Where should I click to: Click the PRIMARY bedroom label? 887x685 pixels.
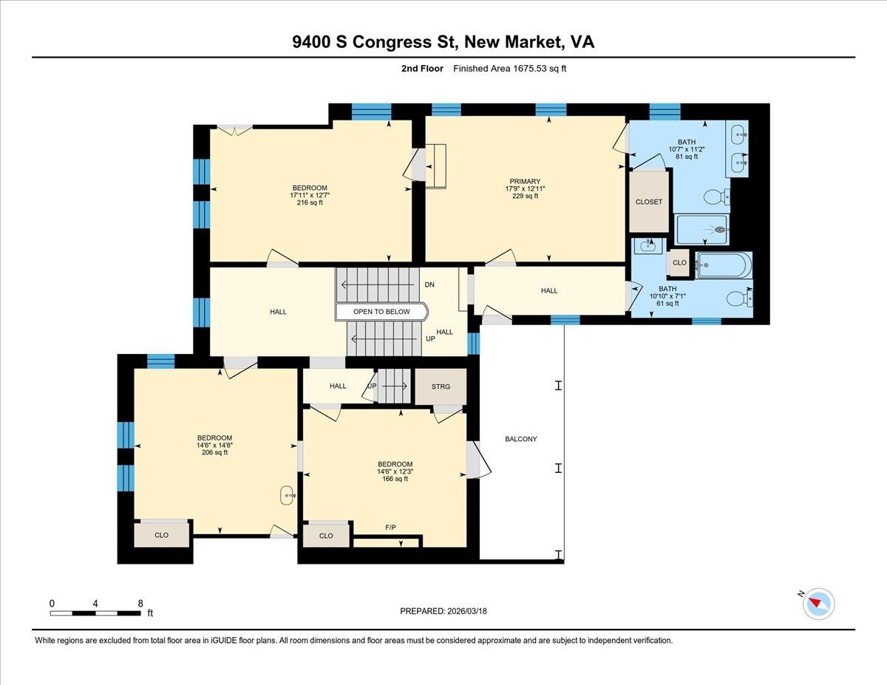(525, 181)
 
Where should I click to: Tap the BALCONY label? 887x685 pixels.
(521, 439)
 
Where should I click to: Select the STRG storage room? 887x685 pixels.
(441, 386)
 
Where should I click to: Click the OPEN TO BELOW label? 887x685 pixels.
(381, 312)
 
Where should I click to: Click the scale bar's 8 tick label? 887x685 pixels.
(140, 603)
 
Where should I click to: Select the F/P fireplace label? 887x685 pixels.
(391, 527)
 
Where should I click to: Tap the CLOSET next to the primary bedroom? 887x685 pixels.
(649, 202)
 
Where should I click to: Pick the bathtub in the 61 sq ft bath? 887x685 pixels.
(724, 265)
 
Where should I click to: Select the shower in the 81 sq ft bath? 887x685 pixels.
(702, 230)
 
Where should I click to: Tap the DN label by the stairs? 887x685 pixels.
(429, 284)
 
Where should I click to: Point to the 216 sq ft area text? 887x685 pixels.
(310, 202)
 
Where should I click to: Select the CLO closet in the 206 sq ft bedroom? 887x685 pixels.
(161, 535)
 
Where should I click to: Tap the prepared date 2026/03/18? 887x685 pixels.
(467, 611)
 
